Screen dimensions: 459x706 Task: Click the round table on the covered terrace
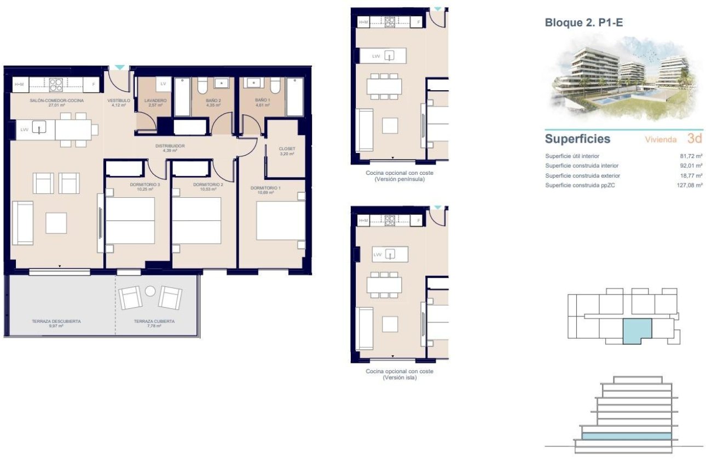[x=151, y=291]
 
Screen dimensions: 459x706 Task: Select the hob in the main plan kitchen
[x=56, y=84]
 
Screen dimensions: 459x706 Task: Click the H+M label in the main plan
[x=20, y=84]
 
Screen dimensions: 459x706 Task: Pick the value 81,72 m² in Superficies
[x=691, y=156]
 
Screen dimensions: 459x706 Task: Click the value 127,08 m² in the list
[x=690, y=186]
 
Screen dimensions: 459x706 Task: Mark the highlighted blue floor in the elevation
[x=626, y=436]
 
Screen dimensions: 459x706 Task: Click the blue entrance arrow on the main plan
[x=119, y=68]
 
